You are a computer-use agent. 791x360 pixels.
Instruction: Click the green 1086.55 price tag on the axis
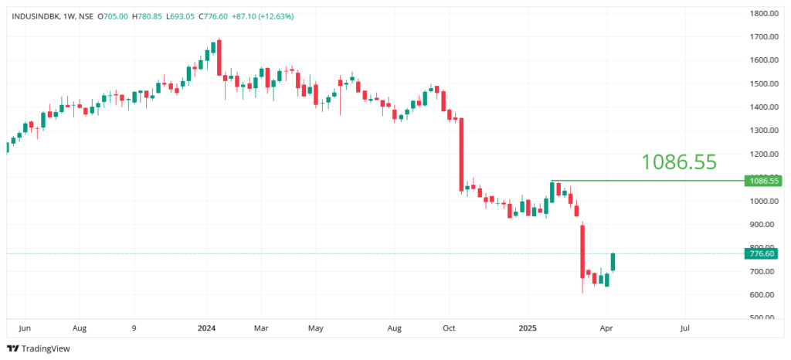(762, 181)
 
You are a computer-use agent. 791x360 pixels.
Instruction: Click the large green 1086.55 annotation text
(679, 161)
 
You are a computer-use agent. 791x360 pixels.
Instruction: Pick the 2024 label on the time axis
(207, 328)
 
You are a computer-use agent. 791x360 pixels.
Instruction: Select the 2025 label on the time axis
(527, 328)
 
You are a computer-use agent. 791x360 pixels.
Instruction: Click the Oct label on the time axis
(450, 328)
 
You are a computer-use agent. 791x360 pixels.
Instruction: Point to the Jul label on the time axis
(684, 328)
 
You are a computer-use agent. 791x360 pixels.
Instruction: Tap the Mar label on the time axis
(261, 328)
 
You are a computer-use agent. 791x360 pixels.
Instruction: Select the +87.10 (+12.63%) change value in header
(264, 15)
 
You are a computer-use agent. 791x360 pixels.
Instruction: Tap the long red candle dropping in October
(461, 155)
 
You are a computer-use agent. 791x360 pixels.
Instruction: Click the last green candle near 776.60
(613, 262)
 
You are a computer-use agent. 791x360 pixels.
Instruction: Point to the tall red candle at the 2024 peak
(219, 58)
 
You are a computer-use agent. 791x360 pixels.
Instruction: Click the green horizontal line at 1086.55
(649, 181)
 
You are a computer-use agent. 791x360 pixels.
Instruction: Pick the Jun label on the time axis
(24, 328)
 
